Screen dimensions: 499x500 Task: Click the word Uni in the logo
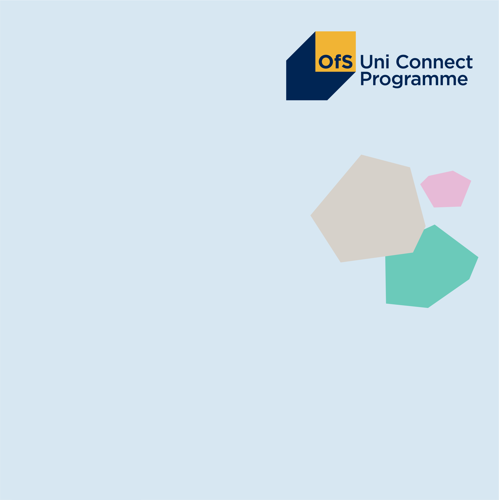[374, 62]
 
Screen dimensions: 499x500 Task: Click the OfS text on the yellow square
[335, 62]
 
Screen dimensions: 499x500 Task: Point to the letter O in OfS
[325, 62]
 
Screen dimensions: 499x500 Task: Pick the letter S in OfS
[347, 62]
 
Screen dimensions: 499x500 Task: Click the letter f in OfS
[338, 62]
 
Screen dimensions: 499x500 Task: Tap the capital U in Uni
[366, 62]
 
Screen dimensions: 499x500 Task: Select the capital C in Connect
[402, 62]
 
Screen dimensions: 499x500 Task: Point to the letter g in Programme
[397, 81]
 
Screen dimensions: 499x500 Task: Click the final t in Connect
[469, 62]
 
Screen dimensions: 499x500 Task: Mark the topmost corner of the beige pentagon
[361, 155]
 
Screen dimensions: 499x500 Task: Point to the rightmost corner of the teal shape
[478, 257]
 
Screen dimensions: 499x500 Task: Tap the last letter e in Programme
[463, 80]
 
